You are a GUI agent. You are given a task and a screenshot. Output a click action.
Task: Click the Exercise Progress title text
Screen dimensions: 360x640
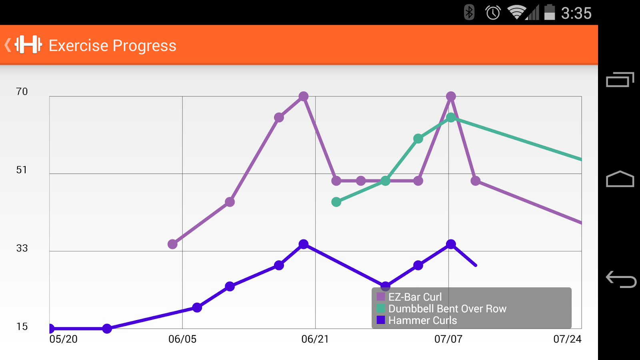coord(112,46)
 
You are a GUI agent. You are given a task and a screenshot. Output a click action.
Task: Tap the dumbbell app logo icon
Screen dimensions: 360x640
coord(28,44)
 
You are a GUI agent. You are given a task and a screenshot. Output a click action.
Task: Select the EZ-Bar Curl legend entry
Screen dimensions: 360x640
coord(415,297)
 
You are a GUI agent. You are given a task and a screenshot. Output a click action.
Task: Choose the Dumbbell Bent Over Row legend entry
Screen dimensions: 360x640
coord(447,308)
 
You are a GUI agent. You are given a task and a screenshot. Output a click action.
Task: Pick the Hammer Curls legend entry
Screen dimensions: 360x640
coord(422,320)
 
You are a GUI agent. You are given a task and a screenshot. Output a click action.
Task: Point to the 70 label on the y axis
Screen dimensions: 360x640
coord(22,92)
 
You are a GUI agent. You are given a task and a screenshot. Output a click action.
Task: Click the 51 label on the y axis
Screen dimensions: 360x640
coord(22,170)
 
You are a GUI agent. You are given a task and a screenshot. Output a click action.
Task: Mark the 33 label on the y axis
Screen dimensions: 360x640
coord(22,248)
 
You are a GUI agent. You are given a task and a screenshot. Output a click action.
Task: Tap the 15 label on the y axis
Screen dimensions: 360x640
coord(22,327)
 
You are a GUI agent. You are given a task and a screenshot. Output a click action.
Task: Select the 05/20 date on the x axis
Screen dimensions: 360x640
coord(63,339)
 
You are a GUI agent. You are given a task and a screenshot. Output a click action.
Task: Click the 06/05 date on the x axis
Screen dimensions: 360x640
coord(182,339)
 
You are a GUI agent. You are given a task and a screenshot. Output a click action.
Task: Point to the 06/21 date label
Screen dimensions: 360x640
coord(315,339)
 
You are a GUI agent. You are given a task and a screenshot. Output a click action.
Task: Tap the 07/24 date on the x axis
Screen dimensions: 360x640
coord(567,339)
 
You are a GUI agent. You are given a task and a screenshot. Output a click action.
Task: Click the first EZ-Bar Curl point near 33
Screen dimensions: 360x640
coord(172,244)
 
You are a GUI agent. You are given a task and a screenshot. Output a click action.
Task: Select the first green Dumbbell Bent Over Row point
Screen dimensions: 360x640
coord(336,202)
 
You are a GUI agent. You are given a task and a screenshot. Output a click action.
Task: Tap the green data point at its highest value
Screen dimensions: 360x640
coord(451,118)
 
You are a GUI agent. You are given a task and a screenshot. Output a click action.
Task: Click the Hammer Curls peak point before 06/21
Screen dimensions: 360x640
coord(304,244)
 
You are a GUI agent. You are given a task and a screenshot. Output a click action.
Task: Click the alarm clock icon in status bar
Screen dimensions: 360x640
coord(493,13)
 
